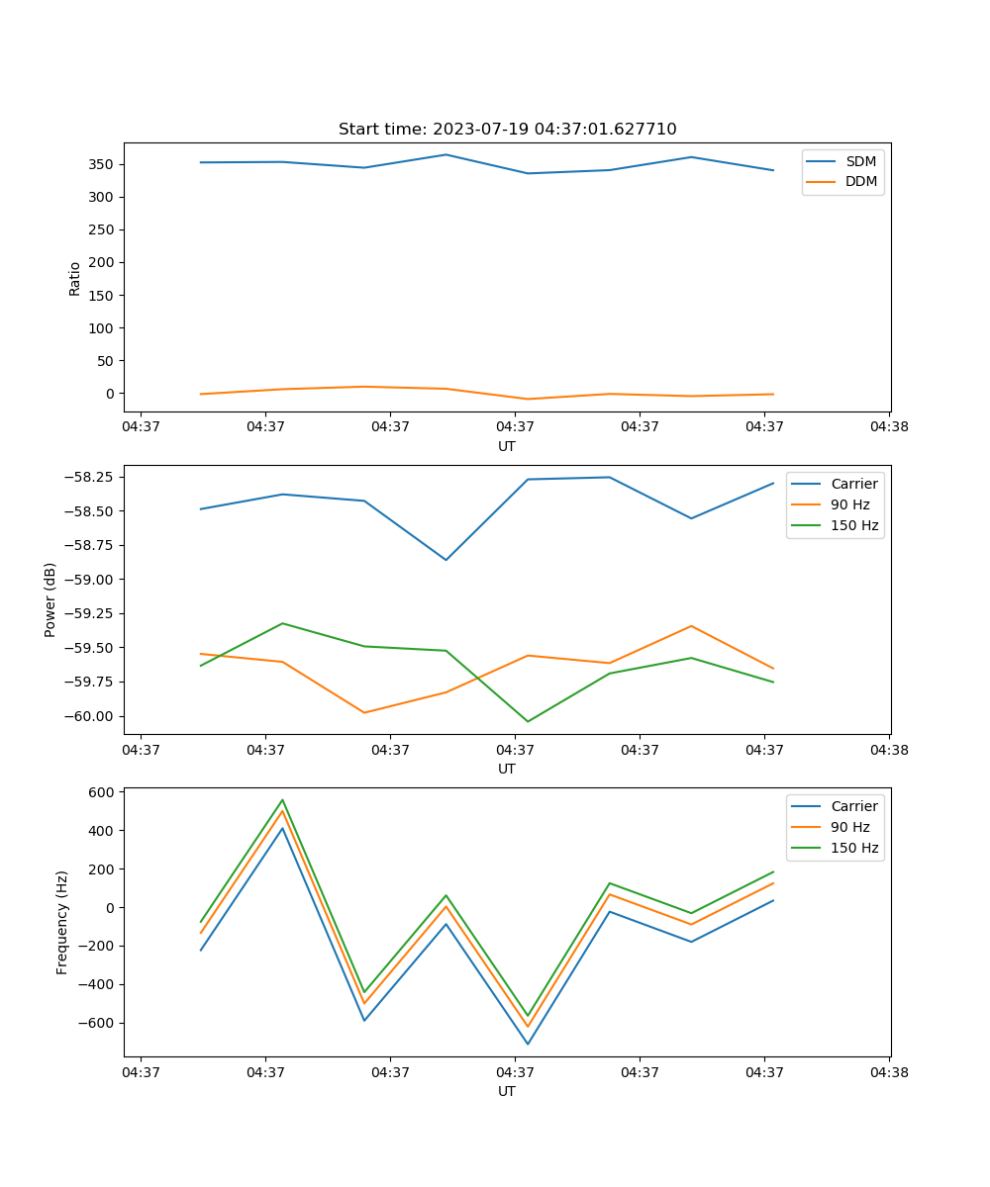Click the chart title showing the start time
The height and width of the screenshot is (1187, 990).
tap(507, 130)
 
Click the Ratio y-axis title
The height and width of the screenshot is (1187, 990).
tap(75, 279)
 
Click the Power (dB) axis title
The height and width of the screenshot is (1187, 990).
tap(50, 599)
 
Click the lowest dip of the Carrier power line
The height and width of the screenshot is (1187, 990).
tap(445, 560)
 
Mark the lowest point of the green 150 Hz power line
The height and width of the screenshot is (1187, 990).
tap(528, 721)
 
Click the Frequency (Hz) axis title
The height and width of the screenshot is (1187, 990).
tap(62, 922)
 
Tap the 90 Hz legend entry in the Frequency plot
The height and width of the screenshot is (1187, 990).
tap(850, 827)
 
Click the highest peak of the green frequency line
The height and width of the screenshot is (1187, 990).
tap(282, 800)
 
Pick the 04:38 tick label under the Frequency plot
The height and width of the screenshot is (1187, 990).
tap(889, 1071)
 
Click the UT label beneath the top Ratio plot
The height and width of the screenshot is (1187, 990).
tap(507, 446)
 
